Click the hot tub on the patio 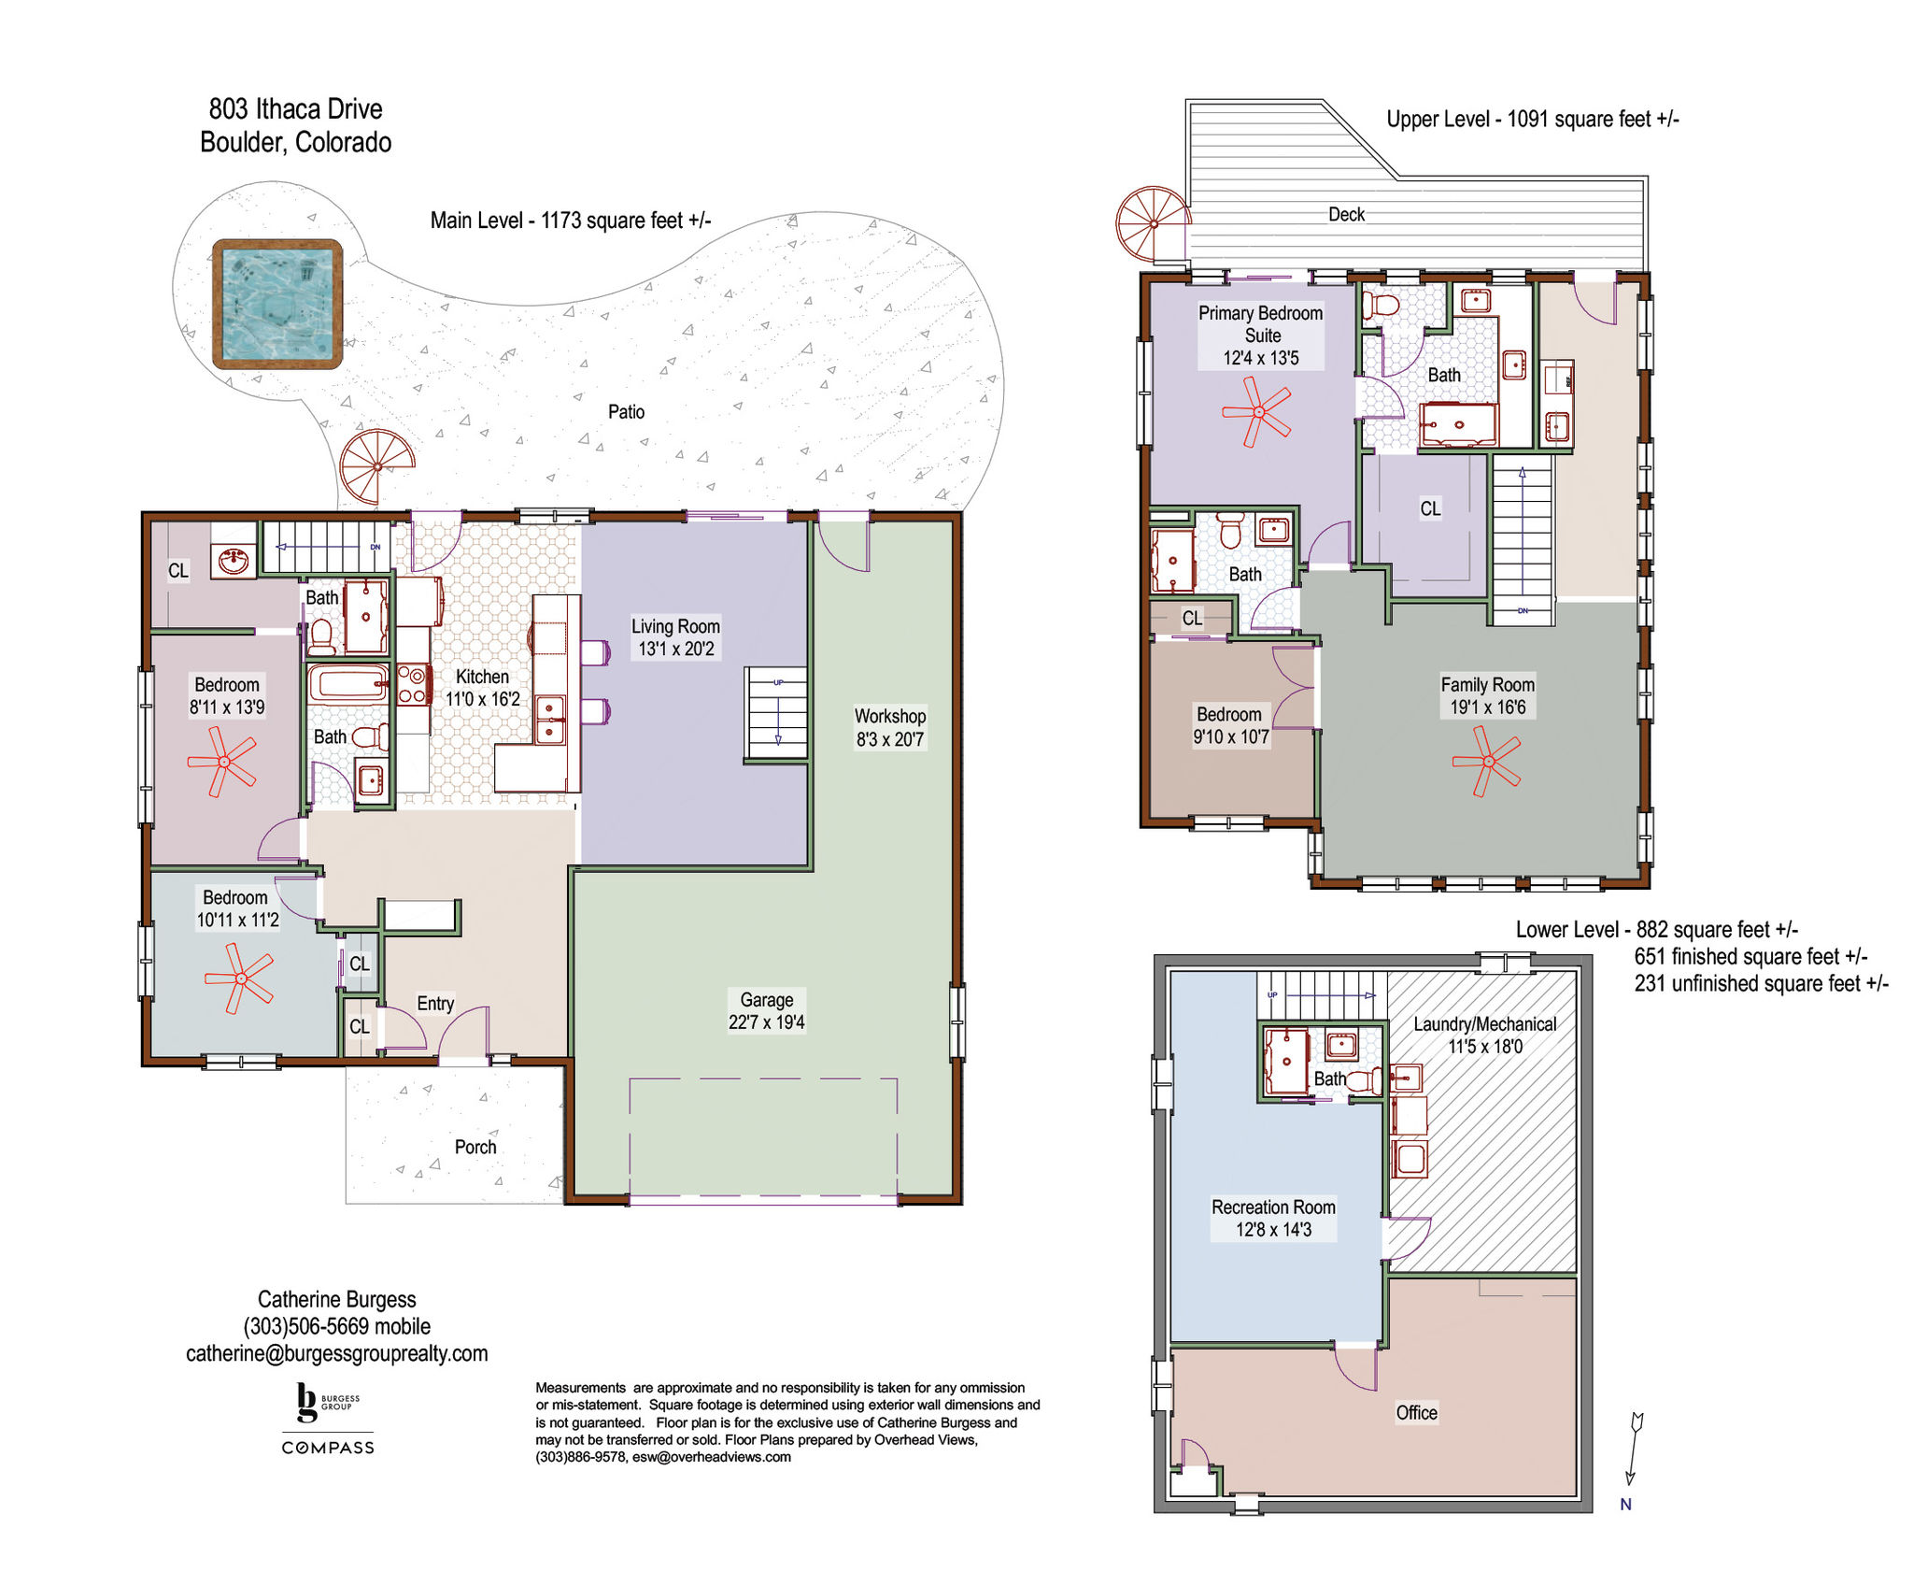tap(277, 304)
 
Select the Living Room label tap(675, 626)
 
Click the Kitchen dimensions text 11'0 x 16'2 tap(482, 699)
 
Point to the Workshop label tap(890, 716)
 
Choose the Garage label tap(767, 999)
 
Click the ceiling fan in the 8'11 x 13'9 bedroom tap(222, 762)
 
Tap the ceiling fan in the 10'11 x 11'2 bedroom tap(239, 978)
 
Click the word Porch tap(475, 1147)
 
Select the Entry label tap(435, 1004)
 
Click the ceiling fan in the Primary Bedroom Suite tap(1257, 412)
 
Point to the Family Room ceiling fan tap(1487, 761)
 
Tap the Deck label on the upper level tap(1347, 214)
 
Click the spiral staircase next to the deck tap(1154, 224)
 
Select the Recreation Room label tap(1273, 1207)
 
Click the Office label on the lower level tap(1416, 1412)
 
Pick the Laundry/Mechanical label tap(1484, 1024)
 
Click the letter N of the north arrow tap(1626, 1504)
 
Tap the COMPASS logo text tap(328, 1448)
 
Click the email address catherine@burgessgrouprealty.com tap(336, 1353)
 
